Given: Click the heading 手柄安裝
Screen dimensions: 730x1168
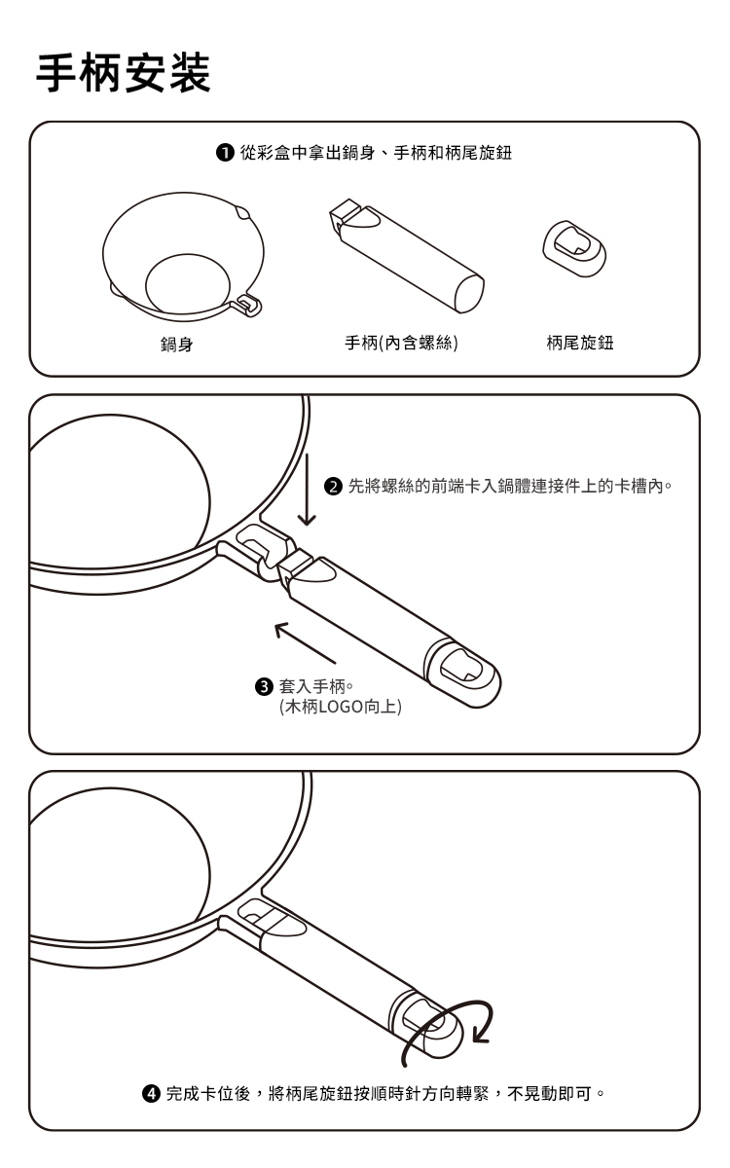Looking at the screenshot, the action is [123, 73].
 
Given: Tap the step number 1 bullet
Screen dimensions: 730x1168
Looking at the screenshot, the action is [225, 153].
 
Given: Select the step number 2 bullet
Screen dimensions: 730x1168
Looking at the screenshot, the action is [333, 487].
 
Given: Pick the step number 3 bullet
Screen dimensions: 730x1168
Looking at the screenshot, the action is [265, 687].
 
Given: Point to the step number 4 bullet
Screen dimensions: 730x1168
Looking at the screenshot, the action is [151, 1093].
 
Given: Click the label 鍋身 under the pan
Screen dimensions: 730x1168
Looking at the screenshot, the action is [177, 345].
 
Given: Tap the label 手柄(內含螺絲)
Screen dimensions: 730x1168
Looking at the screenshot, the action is [401, 343].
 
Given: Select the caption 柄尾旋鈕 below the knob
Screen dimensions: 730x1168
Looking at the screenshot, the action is [580, 343].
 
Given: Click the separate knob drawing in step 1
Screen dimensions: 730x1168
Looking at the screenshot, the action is [574, 248].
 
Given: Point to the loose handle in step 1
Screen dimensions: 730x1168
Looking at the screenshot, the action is [407, 255].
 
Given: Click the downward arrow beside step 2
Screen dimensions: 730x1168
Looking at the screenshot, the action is [307, 490].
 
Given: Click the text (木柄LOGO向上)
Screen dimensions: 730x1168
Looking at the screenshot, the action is [341, 707].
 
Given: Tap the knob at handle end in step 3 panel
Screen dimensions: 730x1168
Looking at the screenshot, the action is [464, 674].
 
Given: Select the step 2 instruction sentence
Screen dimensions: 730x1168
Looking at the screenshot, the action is [509, 487].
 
